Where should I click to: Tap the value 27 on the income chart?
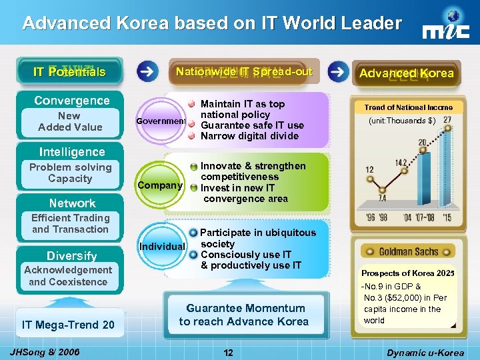point(447,119)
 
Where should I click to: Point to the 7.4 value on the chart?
point(382,198)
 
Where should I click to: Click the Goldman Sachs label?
point(408,251)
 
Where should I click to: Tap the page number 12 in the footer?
point(229,352)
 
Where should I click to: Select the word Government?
point(160,121)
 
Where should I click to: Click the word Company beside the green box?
point(159,185)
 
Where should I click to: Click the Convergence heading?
point(72,101)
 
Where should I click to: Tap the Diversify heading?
point(71,256)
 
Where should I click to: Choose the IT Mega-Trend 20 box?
point(68,325)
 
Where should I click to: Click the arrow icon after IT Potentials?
point(148,71)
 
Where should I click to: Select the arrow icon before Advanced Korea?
point(339,71)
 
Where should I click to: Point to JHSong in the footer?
point(37,351)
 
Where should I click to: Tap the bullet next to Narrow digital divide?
point(191,137)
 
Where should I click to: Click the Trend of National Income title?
point(408,107)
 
